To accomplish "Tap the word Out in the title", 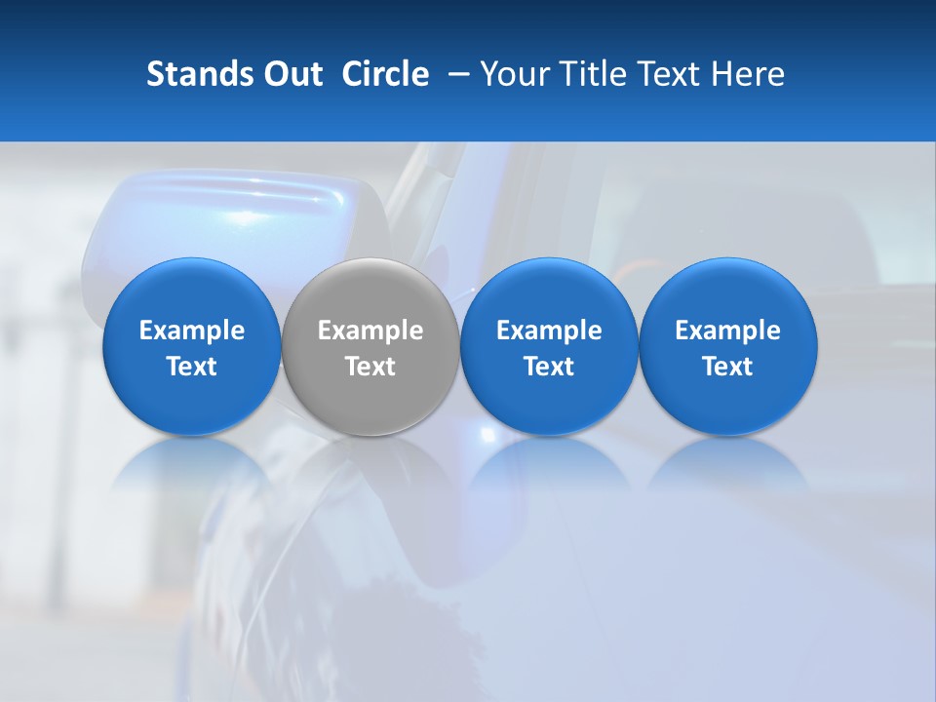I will [x=292, y=74].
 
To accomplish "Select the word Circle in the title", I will [x=385, y=74].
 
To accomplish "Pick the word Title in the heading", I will [x=596, y=74].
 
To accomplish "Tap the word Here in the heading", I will [x=750, y=74].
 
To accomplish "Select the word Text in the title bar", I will [x=674, y=74].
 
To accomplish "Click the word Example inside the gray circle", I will [x=370, y=331].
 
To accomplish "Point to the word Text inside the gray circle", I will [x=370, y=367].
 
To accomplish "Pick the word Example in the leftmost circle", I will [x=192, y=331].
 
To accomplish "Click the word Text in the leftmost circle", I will [x=192, y=367].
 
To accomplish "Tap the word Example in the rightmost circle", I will [x=728, y=331].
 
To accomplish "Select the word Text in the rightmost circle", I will [x=728, y=367].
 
